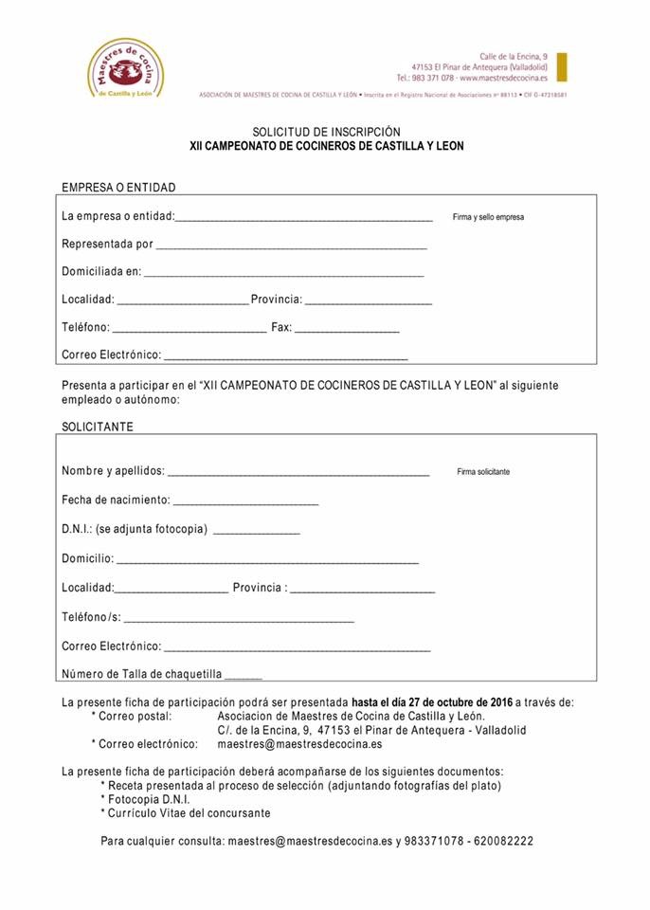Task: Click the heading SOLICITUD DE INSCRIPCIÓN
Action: coord(326,132)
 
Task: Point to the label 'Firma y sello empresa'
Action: coord(488,217)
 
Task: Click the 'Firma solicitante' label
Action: coord(483,471)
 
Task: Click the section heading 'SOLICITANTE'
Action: coord(98,427)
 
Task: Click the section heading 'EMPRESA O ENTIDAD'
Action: coord(118,188)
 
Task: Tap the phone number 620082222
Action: coord(506,841)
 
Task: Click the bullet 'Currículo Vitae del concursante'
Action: coord(189,813)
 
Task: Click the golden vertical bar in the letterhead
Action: coord(562,67)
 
